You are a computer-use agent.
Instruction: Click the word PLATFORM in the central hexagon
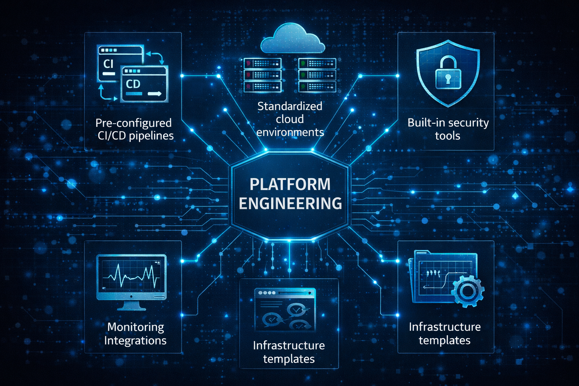pos(290,185)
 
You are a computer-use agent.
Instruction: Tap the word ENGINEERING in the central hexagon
pos(290,204)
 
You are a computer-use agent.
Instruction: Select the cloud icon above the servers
pos(293,39)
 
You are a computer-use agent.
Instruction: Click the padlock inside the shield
pos(448,74)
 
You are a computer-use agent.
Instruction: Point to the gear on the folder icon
pos(467,291)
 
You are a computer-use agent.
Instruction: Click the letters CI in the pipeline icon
pos(109,64)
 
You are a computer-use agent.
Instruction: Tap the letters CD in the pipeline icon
pos(133,84)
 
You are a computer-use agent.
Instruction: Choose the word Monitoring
pos(136,327)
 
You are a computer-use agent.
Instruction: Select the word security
pos(469,123)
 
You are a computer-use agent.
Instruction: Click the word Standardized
pos(289,106)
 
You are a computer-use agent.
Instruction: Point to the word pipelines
pos(151,136)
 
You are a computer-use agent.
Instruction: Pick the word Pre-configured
pos(133,123)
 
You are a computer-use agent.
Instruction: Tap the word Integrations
pos(135,340)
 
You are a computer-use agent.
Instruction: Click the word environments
pos(290,132)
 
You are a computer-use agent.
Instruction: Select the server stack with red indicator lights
pos(262,75)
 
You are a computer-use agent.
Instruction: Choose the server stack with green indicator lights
pos(317,75)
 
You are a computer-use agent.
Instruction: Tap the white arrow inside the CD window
pos(155,94)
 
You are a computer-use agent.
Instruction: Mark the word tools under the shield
pos(447,136)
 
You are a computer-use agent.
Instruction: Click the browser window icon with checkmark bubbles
pos(285,310)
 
